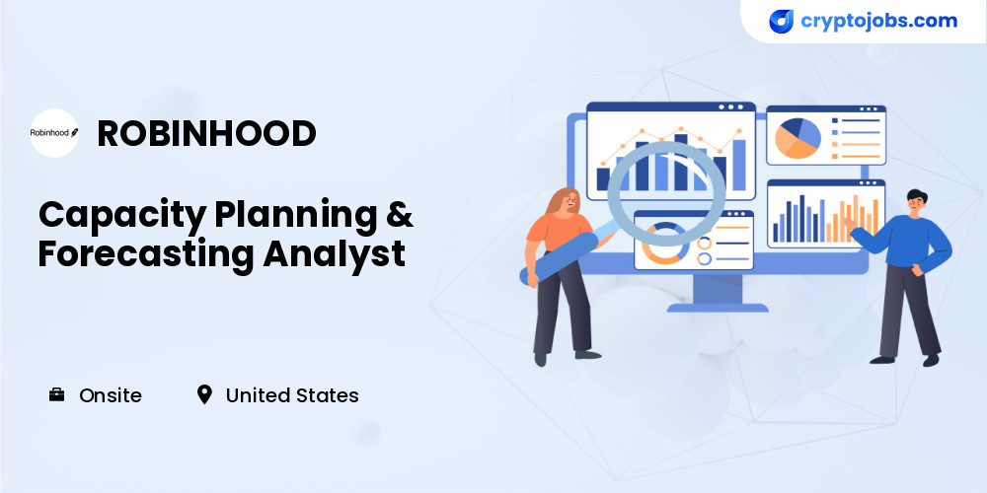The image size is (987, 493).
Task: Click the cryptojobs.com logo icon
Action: [x=781, y=22]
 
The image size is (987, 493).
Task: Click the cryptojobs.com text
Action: [x=878, y=22]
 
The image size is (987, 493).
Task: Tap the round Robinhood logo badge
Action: [x=54, y=133]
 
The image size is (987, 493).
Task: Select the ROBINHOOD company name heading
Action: [x=206, y=133]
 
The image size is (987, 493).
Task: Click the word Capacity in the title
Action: [x=122, y=216]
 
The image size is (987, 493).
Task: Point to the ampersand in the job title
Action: [x=400, y=213]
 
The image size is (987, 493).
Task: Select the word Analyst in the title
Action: [x=335, y=254]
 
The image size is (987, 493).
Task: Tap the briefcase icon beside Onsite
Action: [x=56, y=395]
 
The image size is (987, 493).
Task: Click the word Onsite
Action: [x=111, y=395]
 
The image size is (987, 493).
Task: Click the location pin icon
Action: [x=204, y=395]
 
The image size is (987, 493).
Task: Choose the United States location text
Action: [x=292, y=395]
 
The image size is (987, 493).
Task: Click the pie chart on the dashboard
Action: [x=797, y=138]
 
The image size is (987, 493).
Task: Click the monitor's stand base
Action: [x=717, y=308]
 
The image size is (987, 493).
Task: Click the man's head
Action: [x=916, y=202]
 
